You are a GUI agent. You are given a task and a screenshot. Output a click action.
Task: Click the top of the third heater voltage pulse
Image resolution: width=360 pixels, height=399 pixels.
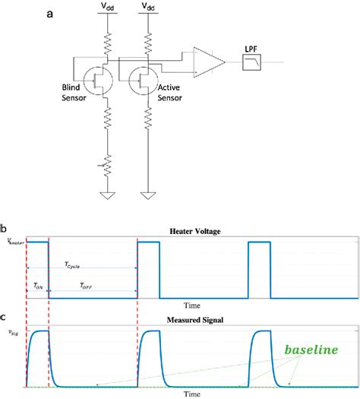(x=259, y=242)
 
